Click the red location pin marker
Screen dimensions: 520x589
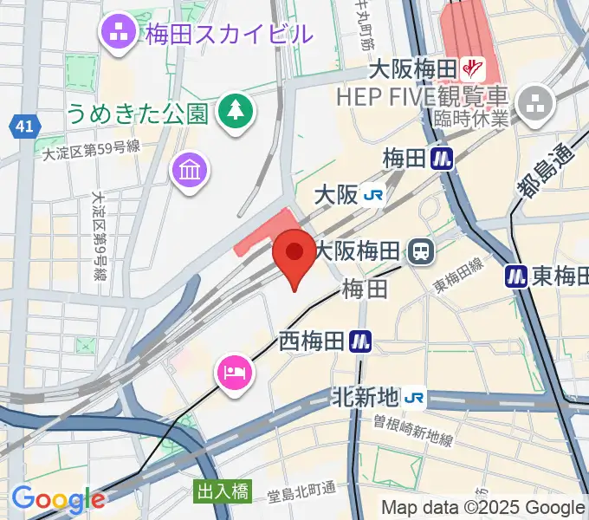pyautogui.click(x=294, y=257)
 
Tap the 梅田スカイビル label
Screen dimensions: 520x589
pyautogui.click(x=228, y=35)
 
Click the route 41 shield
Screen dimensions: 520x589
pyautogui.click(x=24, y=127)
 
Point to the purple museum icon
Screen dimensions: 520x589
pyautogui.click(x=188, y=168)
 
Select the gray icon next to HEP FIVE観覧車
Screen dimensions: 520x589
pyautogui.click(x=534, y=102)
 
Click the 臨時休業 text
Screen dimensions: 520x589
pyautogui.click(x=471, y=119)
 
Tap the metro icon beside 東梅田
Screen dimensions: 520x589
pyautogui.click(x=516, y=276)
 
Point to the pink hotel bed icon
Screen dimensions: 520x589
pyautogui.click(x=233, y=373)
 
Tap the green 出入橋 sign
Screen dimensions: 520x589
pyautogui.click(x=221, y=491)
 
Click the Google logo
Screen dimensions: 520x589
pyautogui.click(x=58, y=500)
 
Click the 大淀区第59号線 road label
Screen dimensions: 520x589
pyautogui.click(x=91, y=149)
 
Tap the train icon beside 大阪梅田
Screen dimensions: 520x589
pyautogui.click(x=422, y=252)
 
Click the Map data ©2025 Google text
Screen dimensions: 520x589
pyautogui.click(x=483, y=508)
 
